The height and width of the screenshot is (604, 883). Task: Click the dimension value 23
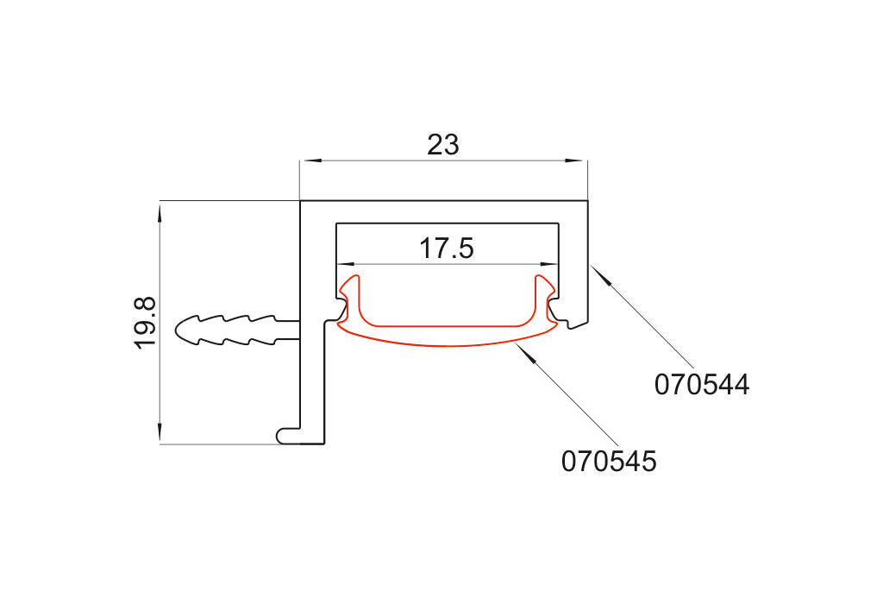[443, 145]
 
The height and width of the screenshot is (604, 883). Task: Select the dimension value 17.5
[447, 249]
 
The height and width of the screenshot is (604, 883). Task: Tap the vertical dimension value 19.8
[145, 323]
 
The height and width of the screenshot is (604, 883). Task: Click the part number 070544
[702, 385]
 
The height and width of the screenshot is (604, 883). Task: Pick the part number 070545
[609, 462]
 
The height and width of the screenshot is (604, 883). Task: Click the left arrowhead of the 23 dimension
[310, 161]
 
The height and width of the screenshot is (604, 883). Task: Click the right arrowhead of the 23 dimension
[577, 161]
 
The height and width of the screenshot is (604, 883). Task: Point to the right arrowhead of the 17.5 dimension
[549, 263]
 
